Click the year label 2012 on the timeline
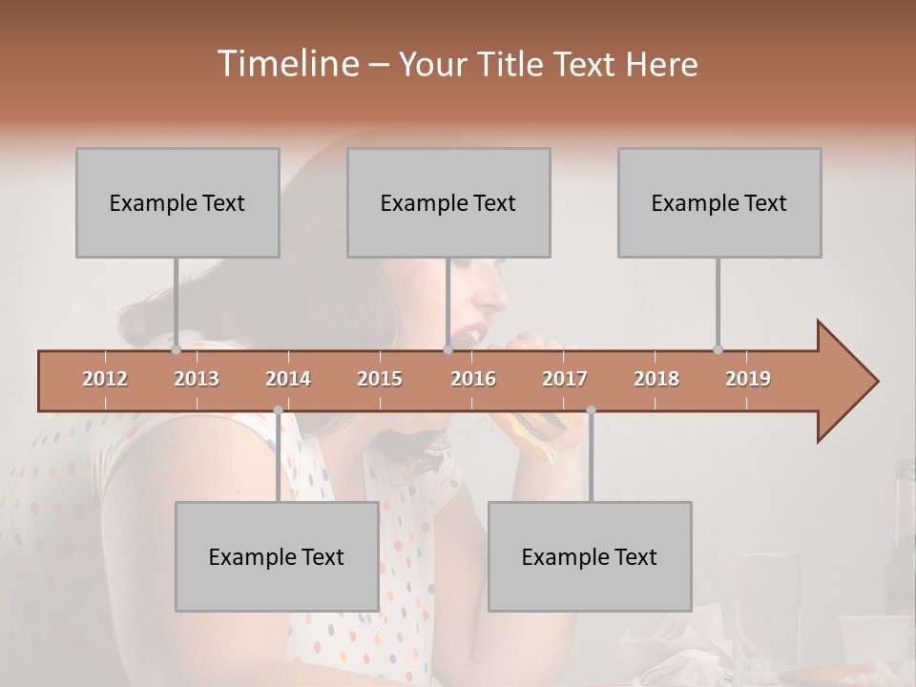[x=105, y=379]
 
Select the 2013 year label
[x=197, y=379]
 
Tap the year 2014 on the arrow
[x=288, y=379]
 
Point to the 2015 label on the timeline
[x=380, y=379]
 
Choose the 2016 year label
[x=473, y=379]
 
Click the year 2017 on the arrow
[x=565, y=379]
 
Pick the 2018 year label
[x=656, y=379]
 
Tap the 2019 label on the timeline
[x=748, y=379]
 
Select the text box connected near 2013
[x=177, y=202]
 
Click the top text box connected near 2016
[x=448, y=202]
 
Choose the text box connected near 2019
[x=719, y=202]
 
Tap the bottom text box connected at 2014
[x=277, y=556]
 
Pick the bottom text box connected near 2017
[x=590, y=556]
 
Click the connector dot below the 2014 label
[x=278, y=410]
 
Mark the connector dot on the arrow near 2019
[x=718, y=349]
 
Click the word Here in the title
[x=661, y=64]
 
